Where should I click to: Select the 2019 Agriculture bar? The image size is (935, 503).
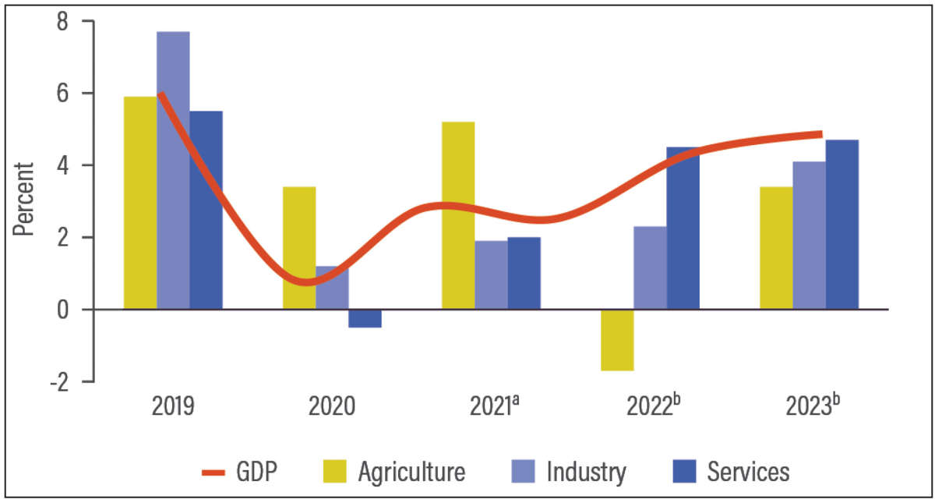click(x=140, y=203)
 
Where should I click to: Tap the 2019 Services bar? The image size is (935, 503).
click(x=206, y=211)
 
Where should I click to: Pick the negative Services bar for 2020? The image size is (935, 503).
click(x=365, y=318)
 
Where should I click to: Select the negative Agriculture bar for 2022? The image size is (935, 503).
click(x=617, y=340)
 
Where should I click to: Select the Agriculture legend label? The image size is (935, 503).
click(x=412, y=472)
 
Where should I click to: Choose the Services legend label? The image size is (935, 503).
click(x=748, y=472)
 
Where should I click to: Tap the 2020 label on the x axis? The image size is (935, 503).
click(x=332, y=408)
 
